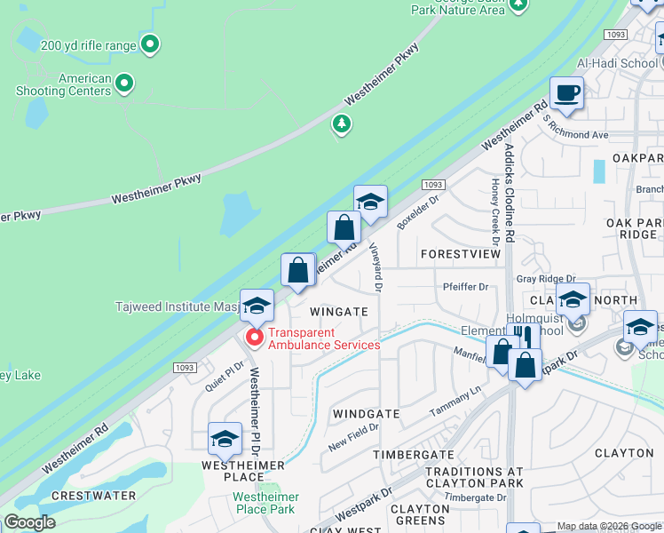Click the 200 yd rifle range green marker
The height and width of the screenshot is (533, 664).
point(150,43)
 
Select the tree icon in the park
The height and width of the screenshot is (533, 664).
point(341,125)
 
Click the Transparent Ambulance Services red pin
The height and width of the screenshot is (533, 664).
point(254,338)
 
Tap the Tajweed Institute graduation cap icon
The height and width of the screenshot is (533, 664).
point(257,306)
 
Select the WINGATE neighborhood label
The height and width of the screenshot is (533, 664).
point(339,312)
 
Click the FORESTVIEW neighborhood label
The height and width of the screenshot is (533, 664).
point(461,253)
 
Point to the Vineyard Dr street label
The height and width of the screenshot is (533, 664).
point(375,269)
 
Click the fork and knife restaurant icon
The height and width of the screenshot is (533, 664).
point(524,337)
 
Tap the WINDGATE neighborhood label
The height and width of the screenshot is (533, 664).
point(366,414)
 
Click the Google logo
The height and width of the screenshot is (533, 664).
point(29,522)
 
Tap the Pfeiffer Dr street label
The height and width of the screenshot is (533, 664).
point(465,287)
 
